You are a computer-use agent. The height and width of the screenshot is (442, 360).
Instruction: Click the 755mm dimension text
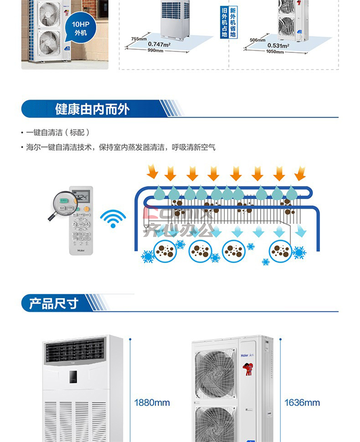click(x=138, y=39)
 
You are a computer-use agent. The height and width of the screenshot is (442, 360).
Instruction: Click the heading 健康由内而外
click(x=93, y=109)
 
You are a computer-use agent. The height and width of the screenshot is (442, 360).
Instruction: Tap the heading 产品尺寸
click(x=54, y=304)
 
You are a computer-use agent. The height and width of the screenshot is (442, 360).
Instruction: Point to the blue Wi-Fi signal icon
click(x=113, y=219)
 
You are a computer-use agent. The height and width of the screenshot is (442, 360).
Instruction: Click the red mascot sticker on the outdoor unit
click(x=248, y=368)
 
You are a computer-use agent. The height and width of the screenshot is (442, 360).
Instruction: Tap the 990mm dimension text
click(x=155, y=50)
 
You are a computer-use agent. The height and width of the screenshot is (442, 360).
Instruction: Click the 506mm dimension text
click(x=257, y=40)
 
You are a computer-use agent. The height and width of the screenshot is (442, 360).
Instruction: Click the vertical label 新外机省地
click(x=233, y=22)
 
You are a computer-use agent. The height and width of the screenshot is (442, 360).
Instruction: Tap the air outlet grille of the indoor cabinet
click(x=75, y=350)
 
